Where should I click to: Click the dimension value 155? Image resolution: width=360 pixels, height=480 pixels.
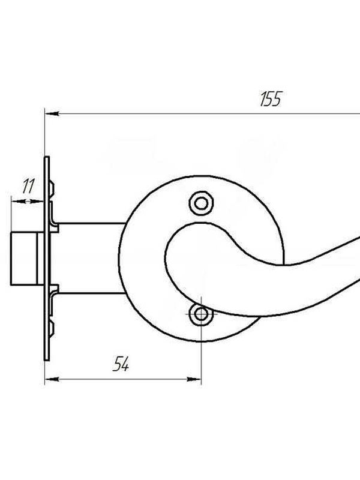[x=271, y=98]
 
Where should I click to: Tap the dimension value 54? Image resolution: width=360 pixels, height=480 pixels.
[x=121, y=364]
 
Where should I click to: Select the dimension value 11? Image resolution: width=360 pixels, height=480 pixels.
[x=28, y=186]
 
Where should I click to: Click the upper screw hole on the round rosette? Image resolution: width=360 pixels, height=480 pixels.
[x=201, y=203]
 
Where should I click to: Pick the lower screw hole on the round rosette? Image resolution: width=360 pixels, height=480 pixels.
[x=201, y=314]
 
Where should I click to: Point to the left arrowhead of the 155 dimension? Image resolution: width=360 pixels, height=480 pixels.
[x=52, y=114]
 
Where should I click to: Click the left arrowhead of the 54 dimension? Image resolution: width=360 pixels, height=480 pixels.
[x=52, y=380]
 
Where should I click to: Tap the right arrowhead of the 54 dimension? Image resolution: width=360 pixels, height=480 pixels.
[x=194, y=380]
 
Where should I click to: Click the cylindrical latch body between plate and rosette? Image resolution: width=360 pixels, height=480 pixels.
[x=91, y=259]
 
